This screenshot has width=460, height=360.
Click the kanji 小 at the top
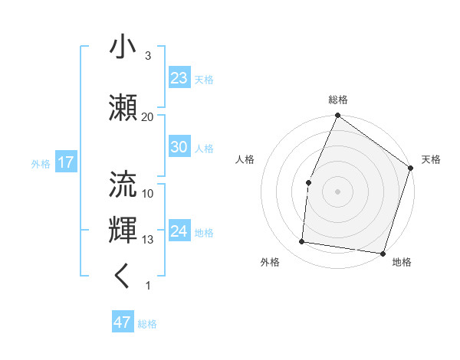[x=123, y=47]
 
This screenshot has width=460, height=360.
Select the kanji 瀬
[x=123, y=106]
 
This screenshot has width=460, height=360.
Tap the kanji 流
[x=123, y=183]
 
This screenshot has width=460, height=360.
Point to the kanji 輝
[x=123, y=230]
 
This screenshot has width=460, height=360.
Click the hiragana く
[x=123, y=277]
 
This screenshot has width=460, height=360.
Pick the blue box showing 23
[x=179, y=77]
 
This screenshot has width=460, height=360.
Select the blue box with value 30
[x=179, y=147]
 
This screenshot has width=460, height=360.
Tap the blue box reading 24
[x=179, y=231]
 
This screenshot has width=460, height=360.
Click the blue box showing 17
[x=65, y=162]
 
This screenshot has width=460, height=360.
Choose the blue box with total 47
[x=123, y=322]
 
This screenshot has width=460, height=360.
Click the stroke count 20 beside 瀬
[x=147, y=116]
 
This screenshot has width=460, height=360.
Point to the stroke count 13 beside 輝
[x=147, y=240]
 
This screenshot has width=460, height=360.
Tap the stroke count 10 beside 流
[x=147, y=193]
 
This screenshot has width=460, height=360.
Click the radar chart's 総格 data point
[x=337, y=116]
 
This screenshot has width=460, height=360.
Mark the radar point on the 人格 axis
[x=308, y=182]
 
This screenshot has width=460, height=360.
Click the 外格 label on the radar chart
[x=270, y=262]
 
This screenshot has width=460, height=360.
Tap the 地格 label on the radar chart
[x=402, y=262]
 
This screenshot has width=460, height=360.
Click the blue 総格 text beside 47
[x=147, y=324]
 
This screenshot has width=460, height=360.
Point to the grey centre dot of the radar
[x=337, y=191]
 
